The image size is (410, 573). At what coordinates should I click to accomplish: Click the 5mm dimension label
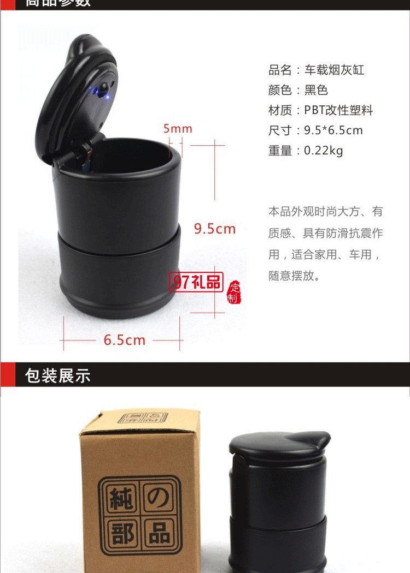click(x=178, y=129)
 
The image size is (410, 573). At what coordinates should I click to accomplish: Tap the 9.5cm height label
click(x=214, y=229)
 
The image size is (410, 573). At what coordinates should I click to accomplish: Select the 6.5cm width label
click(x=125, y=340)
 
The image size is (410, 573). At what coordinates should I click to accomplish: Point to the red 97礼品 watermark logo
click(x=197, y=282)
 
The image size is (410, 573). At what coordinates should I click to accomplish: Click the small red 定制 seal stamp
click(x=234, y=293)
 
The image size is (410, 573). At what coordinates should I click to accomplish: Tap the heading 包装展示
click(x=57, y=376)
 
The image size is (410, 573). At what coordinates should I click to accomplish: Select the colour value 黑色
click(x=316, y=90)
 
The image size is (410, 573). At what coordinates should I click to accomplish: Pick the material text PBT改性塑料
click(x=338, y=110)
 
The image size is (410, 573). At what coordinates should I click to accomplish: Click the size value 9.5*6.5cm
click(x=333, y=130)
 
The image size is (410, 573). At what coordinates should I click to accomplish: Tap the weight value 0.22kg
click(x=323, y=151)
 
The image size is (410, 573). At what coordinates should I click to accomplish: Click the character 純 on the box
click(x=120, y=500)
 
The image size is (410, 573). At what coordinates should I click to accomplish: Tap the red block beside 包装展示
click(x=7, y=375)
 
